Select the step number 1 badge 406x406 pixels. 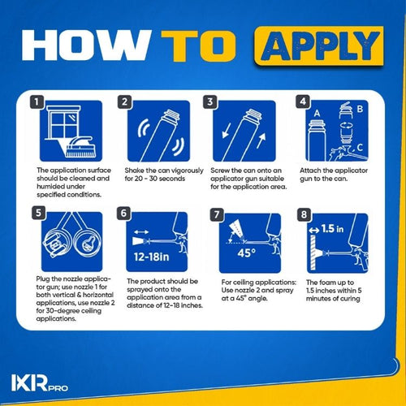[x=37, y=103]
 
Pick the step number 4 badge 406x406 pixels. [x=302, y=103]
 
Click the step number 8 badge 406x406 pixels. [x=302, y=215]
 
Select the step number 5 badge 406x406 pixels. [x=37, y=215]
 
